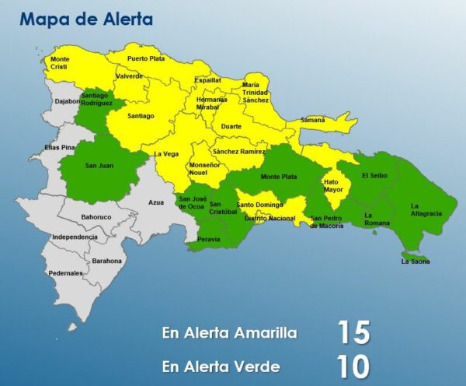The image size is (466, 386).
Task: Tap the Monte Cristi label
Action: pyautogui.click(x=61, y=63)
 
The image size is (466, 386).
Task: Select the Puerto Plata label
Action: pyautogui.click(x=146, y=58)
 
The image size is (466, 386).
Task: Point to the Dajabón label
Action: pyautogui.click(x=67, y=101)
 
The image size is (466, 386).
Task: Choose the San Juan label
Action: pyautogui.click(x=99, y=166)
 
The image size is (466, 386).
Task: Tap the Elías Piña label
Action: pyautogui.click(x=60, y=147)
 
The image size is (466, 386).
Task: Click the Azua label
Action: pyautogui.click(x=156, y=202)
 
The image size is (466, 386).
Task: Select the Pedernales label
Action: pyautogui.click(x=65, y=273)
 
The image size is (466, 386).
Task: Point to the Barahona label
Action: pyautogui.click(x=106, y=261)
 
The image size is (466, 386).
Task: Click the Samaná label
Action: pyautogui.click(x=312, y=120)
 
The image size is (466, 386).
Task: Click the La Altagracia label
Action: pyautogui.click(x=426, y=209)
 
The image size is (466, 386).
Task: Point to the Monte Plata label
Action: pyautogui.click(x=278, y=177)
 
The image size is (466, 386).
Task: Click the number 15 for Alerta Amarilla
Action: pyautogui.click(x=353, y=332)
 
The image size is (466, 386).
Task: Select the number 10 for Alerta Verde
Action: pyautogui.click(x=353, y=367)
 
